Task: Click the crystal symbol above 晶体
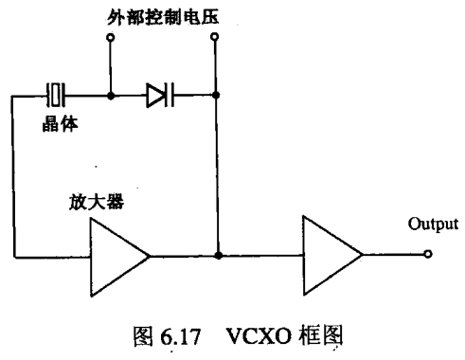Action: (56, 95)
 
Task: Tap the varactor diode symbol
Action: (160, 95)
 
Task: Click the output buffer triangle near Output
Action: (332, 255)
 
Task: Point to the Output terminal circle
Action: (428, 254)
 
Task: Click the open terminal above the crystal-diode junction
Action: (110, 38)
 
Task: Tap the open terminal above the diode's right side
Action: (215, 37)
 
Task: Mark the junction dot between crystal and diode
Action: (111, 96)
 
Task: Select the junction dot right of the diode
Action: (216, 95)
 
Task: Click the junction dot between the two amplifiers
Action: (218, 256)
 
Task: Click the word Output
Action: (433, 224)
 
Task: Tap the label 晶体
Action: (60, 123)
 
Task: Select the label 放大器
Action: (97, 202)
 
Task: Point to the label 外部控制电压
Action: (163, 17)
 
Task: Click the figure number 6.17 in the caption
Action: (181, 336)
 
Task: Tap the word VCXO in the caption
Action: (259, 335)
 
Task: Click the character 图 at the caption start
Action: (144, 336)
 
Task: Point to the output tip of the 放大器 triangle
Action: (150, 257)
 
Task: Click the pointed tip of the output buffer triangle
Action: (363, 255)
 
